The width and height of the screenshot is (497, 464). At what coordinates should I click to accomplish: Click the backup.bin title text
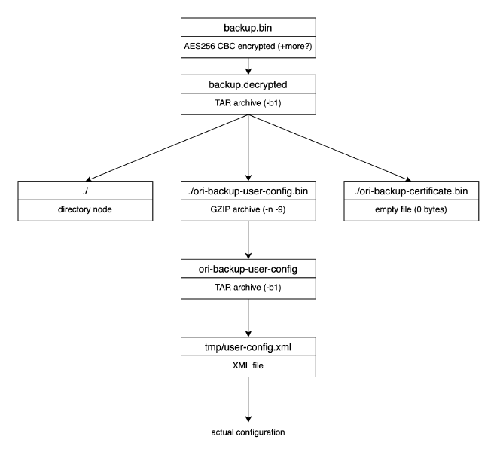point(248,28)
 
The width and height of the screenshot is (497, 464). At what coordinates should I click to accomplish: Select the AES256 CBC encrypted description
point(248,46)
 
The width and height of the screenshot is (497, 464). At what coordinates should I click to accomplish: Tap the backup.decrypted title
point(248,84)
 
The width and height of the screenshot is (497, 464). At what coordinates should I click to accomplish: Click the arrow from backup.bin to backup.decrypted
point(248,66)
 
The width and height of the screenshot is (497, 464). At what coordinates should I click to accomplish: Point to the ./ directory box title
point(85,191)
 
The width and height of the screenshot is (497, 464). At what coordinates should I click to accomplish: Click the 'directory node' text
point(85,209)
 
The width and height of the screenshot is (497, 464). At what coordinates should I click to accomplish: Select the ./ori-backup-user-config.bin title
point(248,191)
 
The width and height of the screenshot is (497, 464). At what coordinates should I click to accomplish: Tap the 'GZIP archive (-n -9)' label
point(248,209)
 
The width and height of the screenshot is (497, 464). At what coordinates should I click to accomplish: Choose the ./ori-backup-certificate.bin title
point(411,191)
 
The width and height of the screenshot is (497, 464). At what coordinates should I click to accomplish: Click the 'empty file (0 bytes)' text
point(411,209)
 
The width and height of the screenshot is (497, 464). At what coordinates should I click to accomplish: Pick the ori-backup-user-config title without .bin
point(248,269)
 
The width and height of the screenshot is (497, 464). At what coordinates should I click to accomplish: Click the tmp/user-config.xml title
point(248,347)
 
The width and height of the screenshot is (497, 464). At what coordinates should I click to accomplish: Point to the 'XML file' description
point(248,365)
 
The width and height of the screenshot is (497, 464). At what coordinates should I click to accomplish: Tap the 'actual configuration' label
point(248,432)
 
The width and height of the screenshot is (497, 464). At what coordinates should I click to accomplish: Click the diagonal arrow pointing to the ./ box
point(167,148)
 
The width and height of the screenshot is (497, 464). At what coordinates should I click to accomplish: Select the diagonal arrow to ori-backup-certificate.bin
point(330,148)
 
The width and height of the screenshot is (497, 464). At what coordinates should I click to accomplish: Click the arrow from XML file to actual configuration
point(248,400)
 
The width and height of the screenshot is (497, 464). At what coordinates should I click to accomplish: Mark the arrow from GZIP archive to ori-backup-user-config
point(248,240)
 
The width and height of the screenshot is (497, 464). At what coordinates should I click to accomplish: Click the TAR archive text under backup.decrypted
point(248,103)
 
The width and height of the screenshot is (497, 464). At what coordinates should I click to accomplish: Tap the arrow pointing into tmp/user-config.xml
point(248,318)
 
